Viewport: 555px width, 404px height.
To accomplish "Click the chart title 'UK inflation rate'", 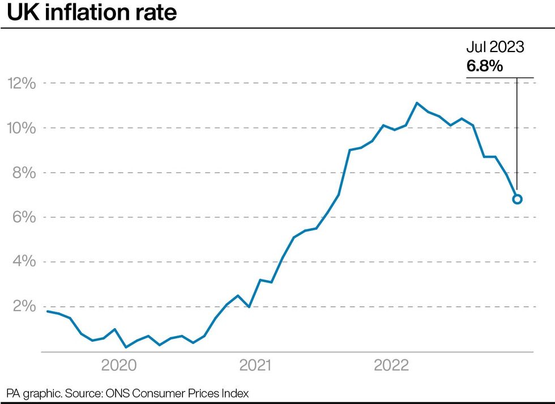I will [92, 13].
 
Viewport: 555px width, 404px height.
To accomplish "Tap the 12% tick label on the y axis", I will [22, 84].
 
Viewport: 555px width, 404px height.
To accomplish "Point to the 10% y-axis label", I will [22, 128].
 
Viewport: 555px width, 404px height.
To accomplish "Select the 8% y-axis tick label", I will [25, 173].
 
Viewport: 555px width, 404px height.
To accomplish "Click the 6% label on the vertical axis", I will [25, 217].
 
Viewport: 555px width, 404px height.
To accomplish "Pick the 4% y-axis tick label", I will [25, 262].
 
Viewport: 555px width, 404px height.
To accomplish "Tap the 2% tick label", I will [25, 306].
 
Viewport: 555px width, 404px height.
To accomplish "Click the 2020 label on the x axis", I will [118, 366].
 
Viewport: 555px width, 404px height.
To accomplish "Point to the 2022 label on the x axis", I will [391, 366].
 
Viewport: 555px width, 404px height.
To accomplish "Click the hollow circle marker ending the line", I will [517, 199].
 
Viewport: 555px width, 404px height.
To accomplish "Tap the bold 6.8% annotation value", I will [484, 67].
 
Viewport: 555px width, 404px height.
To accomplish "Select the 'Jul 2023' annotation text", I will [495, 48].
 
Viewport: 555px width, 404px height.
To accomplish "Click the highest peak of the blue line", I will [417, 103].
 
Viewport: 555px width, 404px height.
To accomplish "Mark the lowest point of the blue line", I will [126, 347].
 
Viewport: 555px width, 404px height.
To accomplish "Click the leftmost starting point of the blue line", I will [47, 311].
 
